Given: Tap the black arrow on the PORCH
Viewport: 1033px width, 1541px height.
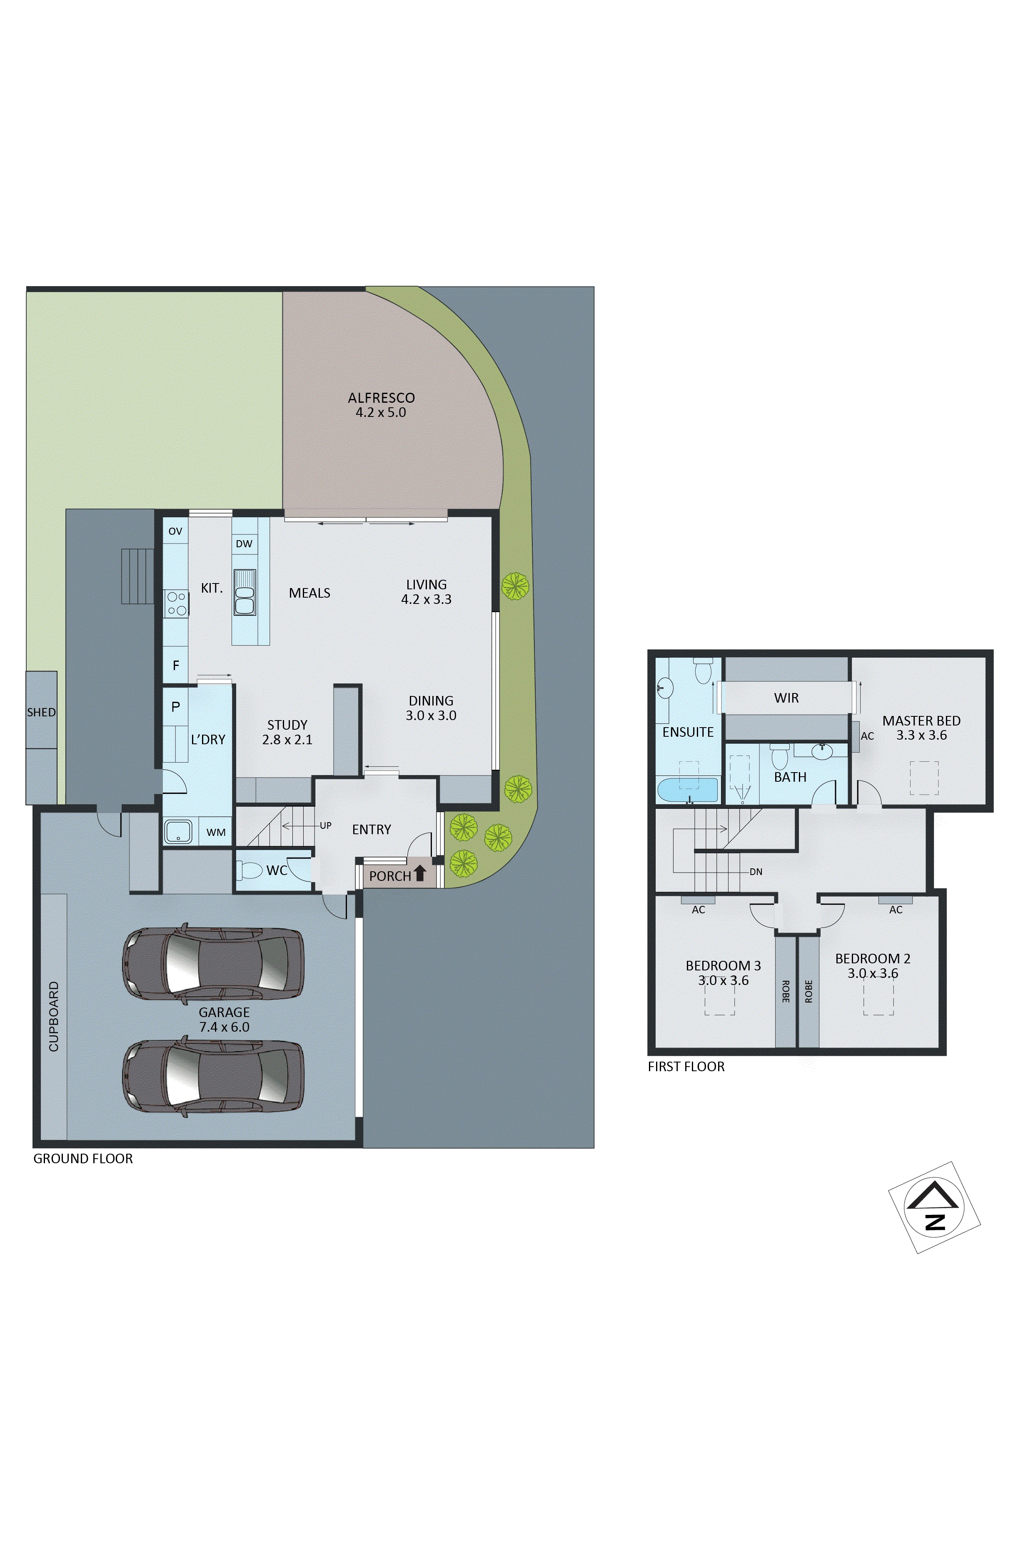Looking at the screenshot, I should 420,873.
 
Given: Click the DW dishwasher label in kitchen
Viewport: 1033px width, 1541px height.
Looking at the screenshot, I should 244,544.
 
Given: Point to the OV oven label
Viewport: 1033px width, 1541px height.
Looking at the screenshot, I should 175,531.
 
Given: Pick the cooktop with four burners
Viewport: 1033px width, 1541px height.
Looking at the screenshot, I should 177,603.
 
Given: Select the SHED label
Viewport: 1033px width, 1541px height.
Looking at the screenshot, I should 41,713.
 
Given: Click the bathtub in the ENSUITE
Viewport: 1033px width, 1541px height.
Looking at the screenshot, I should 687,790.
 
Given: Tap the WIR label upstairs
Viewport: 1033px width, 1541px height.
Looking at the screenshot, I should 786,698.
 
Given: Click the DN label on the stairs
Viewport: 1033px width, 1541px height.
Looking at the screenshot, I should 756,872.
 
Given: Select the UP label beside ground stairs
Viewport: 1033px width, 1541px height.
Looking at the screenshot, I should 325,826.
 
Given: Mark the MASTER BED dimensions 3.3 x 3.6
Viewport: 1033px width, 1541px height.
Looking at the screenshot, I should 921,736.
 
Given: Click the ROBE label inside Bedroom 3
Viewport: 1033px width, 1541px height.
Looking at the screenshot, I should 785,991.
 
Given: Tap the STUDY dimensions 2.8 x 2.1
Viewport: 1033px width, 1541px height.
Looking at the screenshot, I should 287,740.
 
